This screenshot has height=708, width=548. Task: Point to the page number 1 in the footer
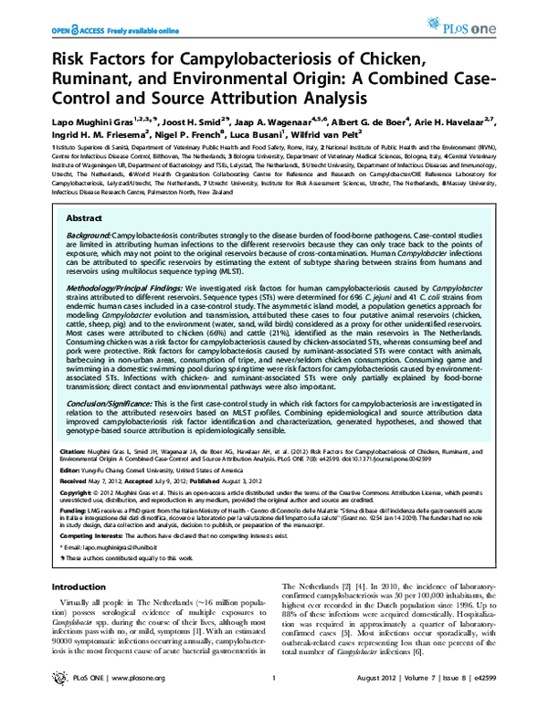point(274,692)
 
